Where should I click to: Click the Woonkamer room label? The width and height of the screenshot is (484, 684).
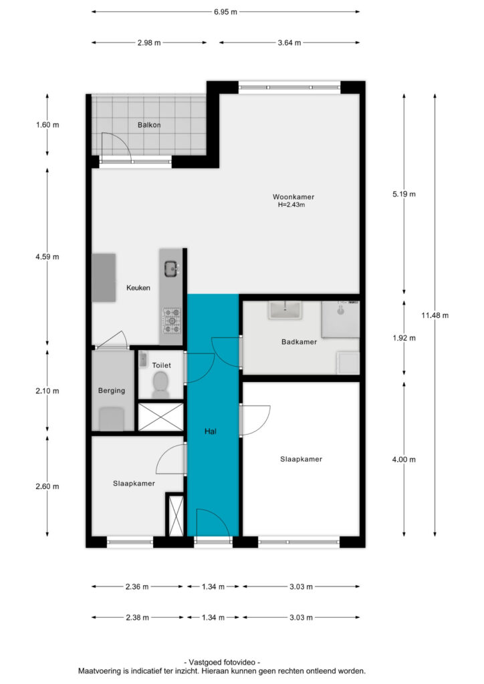tap(293, 197)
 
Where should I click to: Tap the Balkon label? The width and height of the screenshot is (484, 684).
tap(149, 125)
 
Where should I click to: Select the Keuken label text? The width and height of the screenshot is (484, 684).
tap(138, 287)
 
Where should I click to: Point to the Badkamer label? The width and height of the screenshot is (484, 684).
tap(299, 341)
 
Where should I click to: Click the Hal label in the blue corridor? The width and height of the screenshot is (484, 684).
tap(211, 432)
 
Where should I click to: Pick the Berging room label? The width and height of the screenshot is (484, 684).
tap(111, 390)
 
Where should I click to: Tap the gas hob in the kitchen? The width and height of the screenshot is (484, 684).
tap(172, 320)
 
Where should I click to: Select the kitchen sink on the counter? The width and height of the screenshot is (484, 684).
tap(170, 269)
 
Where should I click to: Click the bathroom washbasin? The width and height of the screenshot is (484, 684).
tap(285, 310)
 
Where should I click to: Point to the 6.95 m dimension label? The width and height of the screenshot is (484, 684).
tap(225, 12)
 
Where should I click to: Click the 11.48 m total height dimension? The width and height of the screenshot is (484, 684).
tap(435, 315)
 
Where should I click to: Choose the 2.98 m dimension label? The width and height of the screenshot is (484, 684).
tap(149, 43)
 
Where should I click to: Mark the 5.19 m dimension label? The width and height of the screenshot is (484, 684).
tap(404, 194)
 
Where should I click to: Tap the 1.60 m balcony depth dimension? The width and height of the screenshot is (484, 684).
tap(47, 125)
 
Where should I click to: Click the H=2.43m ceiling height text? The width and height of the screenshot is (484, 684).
tap(291, 204)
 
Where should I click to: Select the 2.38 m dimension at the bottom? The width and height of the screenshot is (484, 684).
tap(137, 617)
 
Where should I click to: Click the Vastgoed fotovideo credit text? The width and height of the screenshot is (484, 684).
tap(222, 662)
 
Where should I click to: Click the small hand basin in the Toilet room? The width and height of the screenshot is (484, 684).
tap(142, 359)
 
